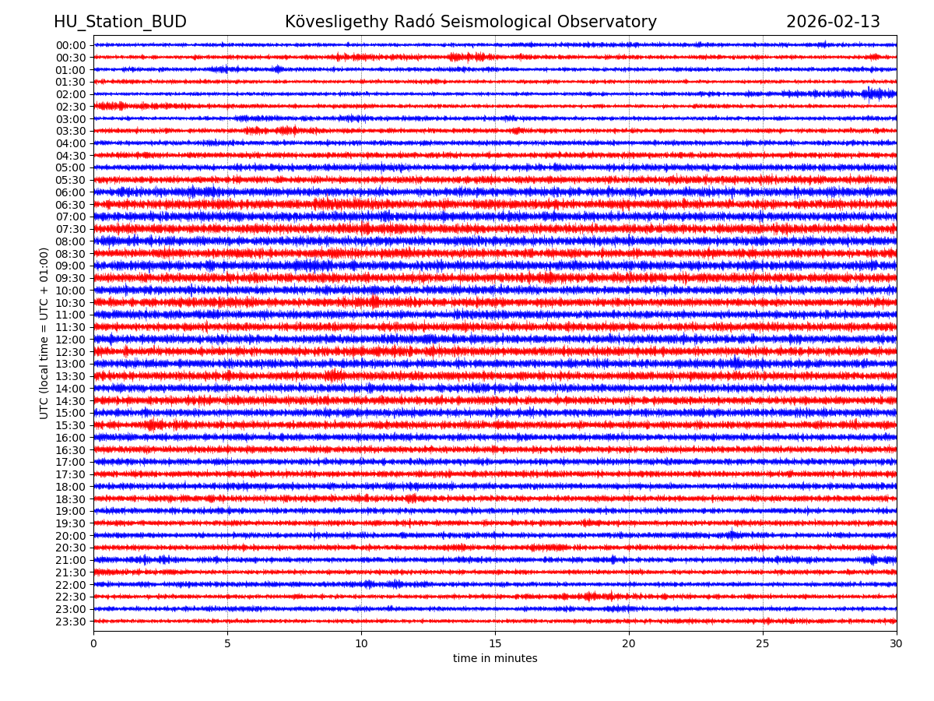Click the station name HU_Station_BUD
(x=120, y=22)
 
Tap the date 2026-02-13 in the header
(x=833, y=22)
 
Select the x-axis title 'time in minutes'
(x=495, y=658)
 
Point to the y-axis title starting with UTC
(x=44, y=333)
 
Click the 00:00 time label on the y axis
(x=71, y=45)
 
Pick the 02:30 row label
(x=71, y=107)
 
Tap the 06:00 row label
(x=71, y=192)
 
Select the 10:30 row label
(x=71, y=303)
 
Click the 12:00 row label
(x=71, y=340)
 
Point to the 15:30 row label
(x=71, y=425)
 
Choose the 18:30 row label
(x=71, y=499)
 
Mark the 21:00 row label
(x=71, y=560)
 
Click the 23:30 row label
(x=71, y=622)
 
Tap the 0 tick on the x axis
(x=93, y=644)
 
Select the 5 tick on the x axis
(x=227, y=644)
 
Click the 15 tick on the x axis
(x=495, y=644)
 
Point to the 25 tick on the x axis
(x=763, y=644)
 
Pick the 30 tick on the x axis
(x=897, y=644)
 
